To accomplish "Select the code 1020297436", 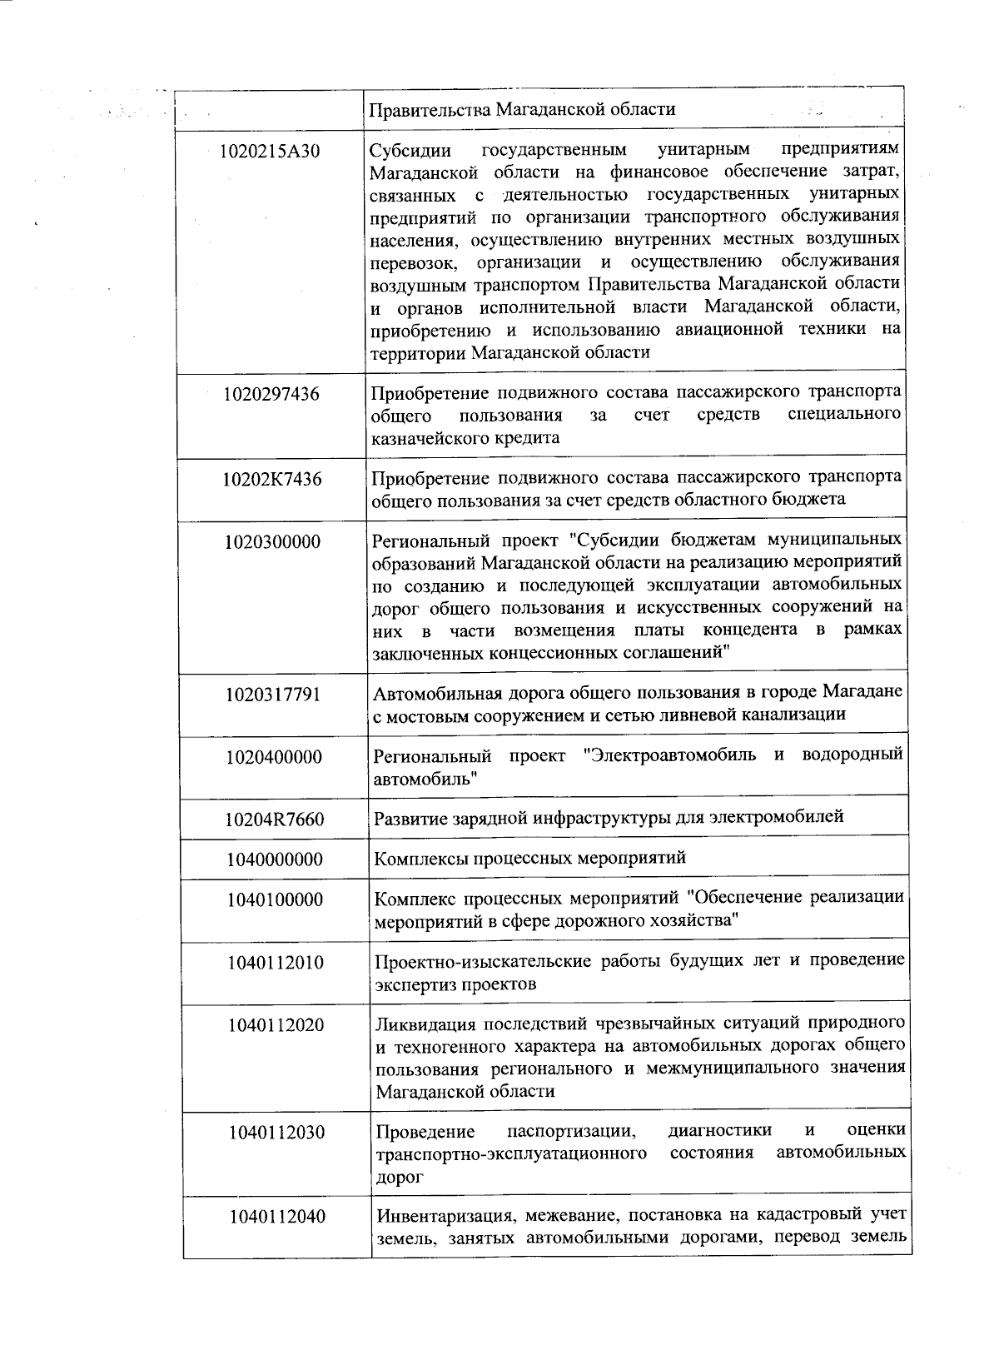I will [271, 394].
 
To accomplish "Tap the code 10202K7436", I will [272, 479].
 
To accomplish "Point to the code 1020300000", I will [273, 542].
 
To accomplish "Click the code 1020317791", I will [273, 695].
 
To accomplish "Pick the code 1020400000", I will [274, 757].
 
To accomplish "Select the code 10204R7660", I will [274, 819].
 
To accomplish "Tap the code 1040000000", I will [275, 859].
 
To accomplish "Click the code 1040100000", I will [276, 900].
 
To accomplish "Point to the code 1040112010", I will [276, 963].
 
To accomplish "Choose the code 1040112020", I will [276, 1025].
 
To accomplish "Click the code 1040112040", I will [278, 1217].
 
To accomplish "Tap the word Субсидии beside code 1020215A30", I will [410, 151].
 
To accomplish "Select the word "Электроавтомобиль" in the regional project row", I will [670, 755].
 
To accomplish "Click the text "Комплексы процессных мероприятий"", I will [530, 857].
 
